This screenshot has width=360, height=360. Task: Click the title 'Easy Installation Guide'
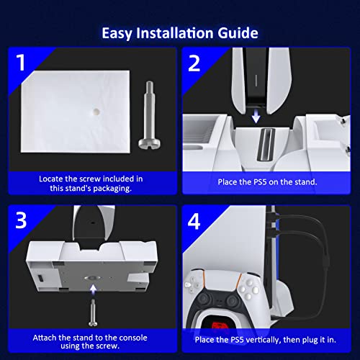[180, 33]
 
